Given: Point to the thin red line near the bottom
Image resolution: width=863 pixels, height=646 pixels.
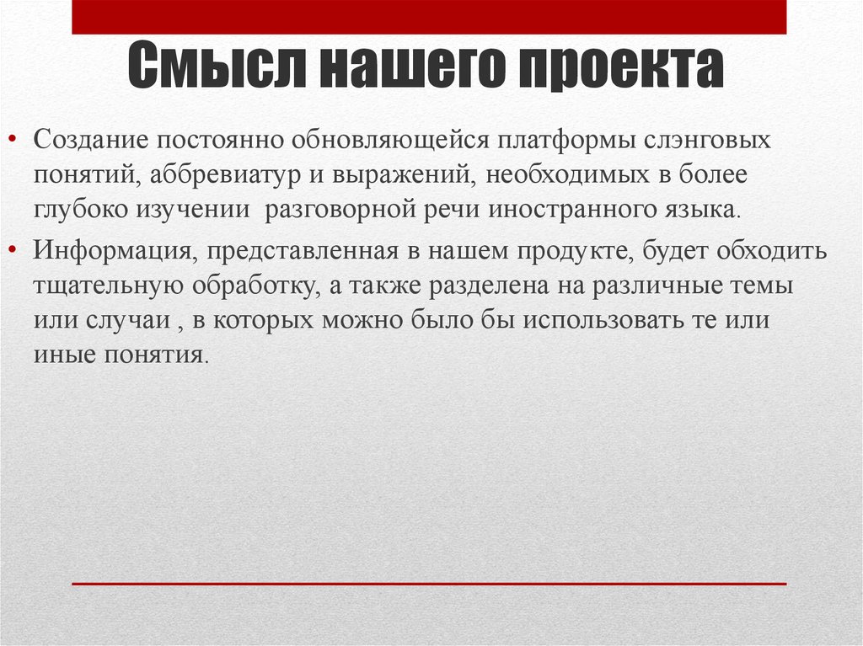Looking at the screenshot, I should coord(429,583).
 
